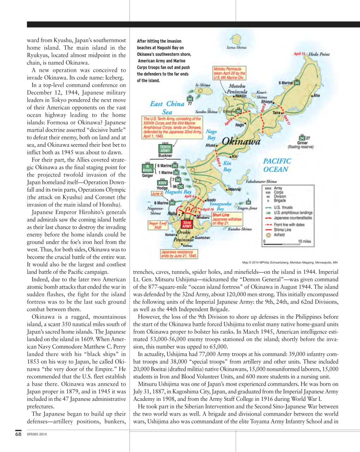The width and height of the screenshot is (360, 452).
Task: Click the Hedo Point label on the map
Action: point(319,54)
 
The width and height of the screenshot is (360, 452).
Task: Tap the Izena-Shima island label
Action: point(236,47)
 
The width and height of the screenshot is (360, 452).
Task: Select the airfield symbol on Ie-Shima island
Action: point(200,90)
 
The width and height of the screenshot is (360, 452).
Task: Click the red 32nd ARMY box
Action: point(187,224)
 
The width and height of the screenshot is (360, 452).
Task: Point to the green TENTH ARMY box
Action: point(165,149)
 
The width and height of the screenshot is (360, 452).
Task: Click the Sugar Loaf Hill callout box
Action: point(157,225)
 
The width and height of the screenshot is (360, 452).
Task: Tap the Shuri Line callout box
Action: point(227,219)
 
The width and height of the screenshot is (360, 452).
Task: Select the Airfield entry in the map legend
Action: point(279,234)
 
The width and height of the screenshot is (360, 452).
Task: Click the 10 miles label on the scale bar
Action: point(304,241)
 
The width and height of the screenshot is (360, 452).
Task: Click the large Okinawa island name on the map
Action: point(241,142)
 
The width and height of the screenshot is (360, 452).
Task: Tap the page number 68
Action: point(18,434)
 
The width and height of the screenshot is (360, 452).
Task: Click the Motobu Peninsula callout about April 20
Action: point(229,73)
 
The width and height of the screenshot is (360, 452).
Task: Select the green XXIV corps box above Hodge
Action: point(162,183)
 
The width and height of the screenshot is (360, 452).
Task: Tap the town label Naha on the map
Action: point(172,214)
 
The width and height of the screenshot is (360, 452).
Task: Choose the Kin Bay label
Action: point(227,166)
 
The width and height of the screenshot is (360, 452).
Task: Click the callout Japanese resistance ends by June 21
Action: point(179,254)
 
